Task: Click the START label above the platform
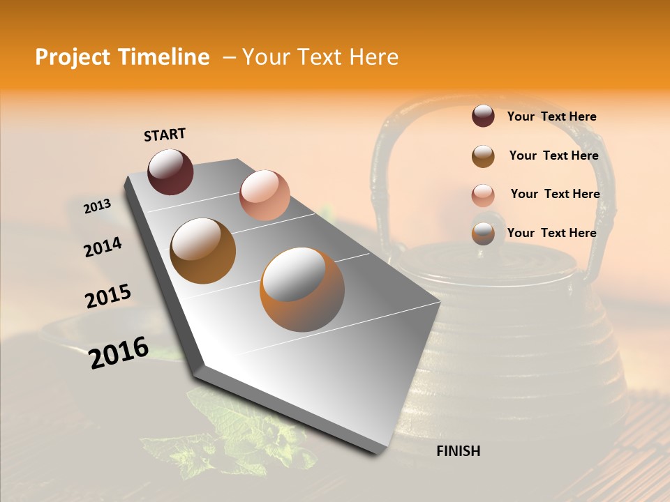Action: [x=165, y=134]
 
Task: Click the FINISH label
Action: [x=458, y=451]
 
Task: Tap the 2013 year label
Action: [x=97, y=206]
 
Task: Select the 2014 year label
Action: [x=103, y=247]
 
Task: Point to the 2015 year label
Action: [x=108, y=296]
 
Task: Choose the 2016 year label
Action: [x=119, y=352]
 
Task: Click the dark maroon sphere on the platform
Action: [x=170, y=172]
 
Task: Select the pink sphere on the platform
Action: [x=265, y=195]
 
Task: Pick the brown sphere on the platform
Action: [x=202, y=250]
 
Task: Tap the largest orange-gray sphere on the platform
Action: [x=301, y=289]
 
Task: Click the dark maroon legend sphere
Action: [x=483, y=116]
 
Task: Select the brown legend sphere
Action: [x=483, y=156]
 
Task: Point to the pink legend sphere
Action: [x=483, y=195]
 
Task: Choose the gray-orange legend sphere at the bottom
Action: [x=483, y=234]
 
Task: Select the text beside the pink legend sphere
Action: [x=555, y=194]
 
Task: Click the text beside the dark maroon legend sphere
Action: [x=551, y=116]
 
